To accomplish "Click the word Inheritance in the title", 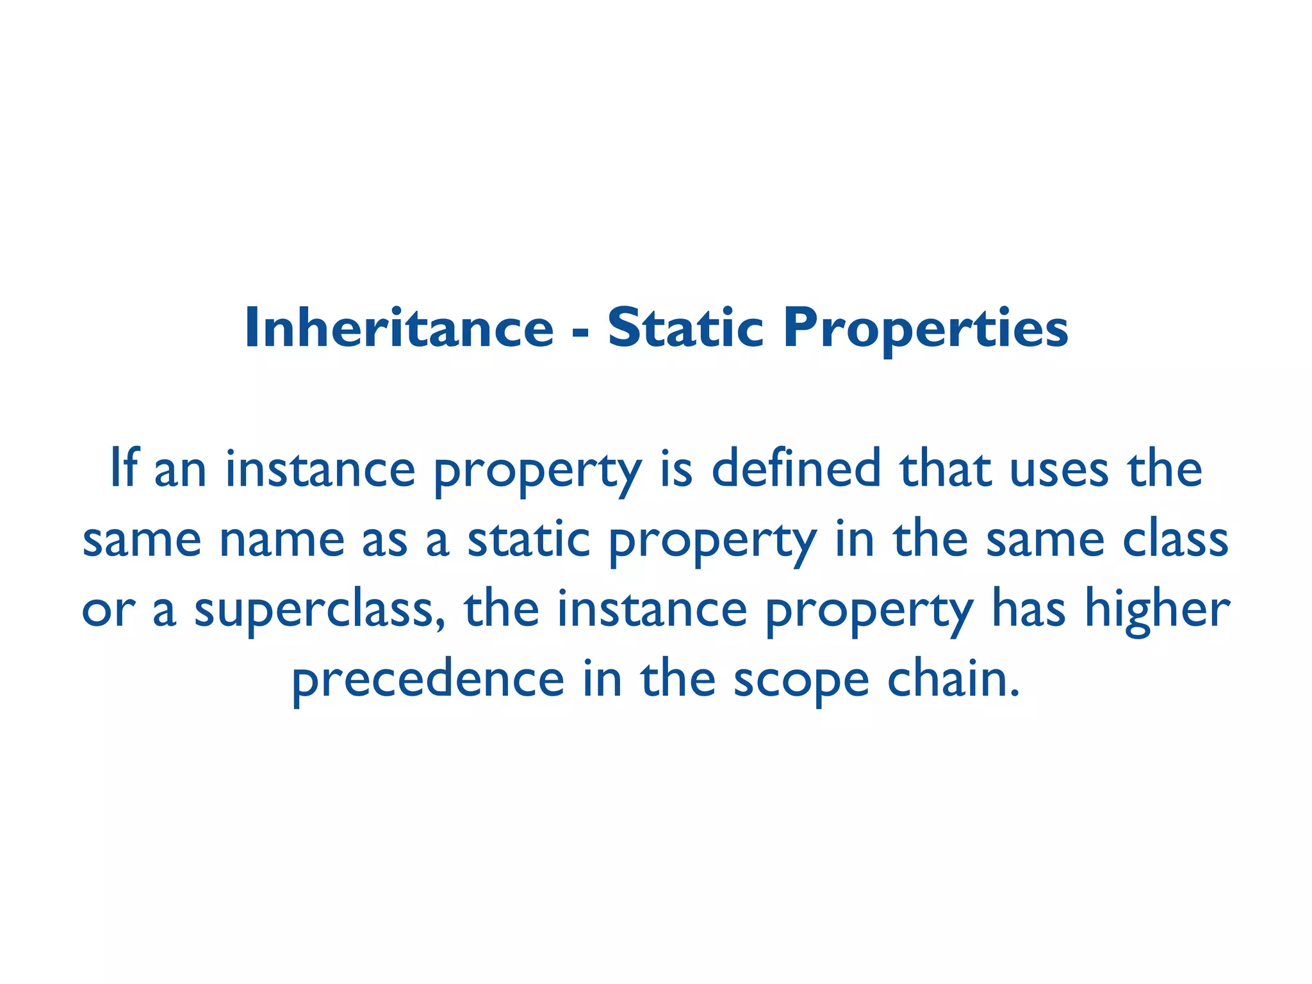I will [398, 328].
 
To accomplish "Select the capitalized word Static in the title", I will [685, 328].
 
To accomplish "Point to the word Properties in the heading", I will [926, 329].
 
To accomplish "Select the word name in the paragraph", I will [282, 539].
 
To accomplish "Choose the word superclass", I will [314, 610].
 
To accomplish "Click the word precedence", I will [428, 680].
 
